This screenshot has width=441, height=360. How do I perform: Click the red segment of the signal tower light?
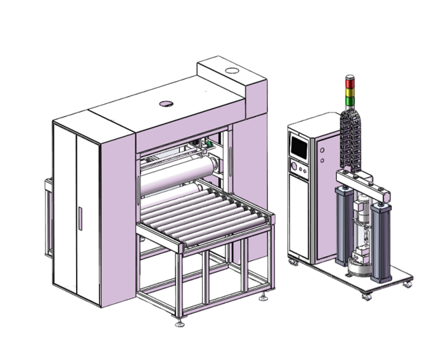[x=349, y=84]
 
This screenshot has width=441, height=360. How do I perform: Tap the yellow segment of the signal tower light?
[x=349, y=92]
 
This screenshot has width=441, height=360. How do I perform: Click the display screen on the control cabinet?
[x=299, y=147]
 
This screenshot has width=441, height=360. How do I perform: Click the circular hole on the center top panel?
[x=166, y=104]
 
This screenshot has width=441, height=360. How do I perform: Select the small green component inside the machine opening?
[x=208, y=144]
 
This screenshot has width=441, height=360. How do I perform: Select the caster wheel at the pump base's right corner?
[x=408, y=284]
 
